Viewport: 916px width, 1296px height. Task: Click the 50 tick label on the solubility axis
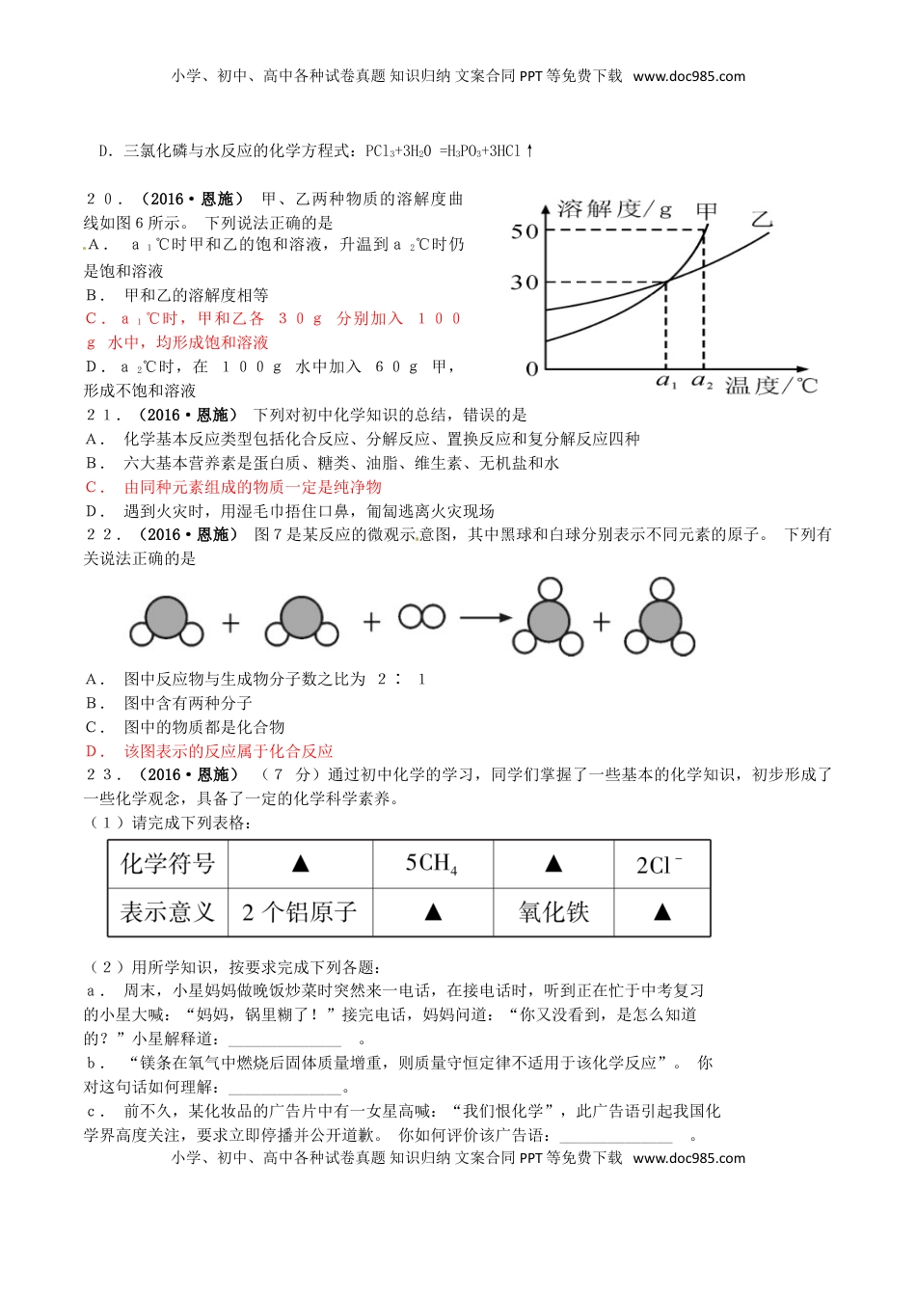525,230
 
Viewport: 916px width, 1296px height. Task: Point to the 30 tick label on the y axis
525,283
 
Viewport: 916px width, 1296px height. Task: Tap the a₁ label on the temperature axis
666,384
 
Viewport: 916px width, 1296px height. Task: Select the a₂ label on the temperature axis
702,384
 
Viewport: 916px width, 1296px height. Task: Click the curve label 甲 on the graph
707,211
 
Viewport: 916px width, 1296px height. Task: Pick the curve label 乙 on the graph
762,219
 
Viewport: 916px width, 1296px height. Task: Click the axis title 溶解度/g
614,209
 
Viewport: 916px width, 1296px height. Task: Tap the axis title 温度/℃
770,387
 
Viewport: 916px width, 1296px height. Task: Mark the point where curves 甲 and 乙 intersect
666,282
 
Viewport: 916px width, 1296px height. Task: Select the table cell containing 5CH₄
432,863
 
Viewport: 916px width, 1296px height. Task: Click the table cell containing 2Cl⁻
660,864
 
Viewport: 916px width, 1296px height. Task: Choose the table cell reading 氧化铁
553,912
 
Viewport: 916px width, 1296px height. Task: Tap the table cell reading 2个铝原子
300,912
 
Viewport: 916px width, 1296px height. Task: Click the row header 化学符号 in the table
168,863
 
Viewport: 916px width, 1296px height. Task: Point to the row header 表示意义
168,912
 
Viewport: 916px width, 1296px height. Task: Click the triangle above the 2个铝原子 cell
300,864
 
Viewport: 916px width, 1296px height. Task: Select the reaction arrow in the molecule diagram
484,618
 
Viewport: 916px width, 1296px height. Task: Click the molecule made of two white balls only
422,616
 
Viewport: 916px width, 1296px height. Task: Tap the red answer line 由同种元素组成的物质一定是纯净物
253,487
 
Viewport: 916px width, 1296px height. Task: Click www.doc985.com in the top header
688,76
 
